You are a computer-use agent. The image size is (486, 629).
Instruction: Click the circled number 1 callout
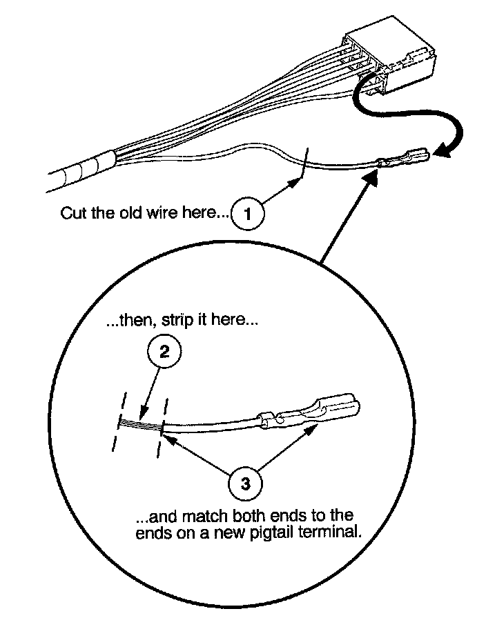click(250, 214)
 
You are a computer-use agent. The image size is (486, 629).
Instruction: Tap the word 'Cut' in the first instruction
click(72, 212)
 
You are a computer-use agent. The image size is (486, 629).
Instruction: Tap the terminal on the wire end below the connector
click(405, 160)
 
